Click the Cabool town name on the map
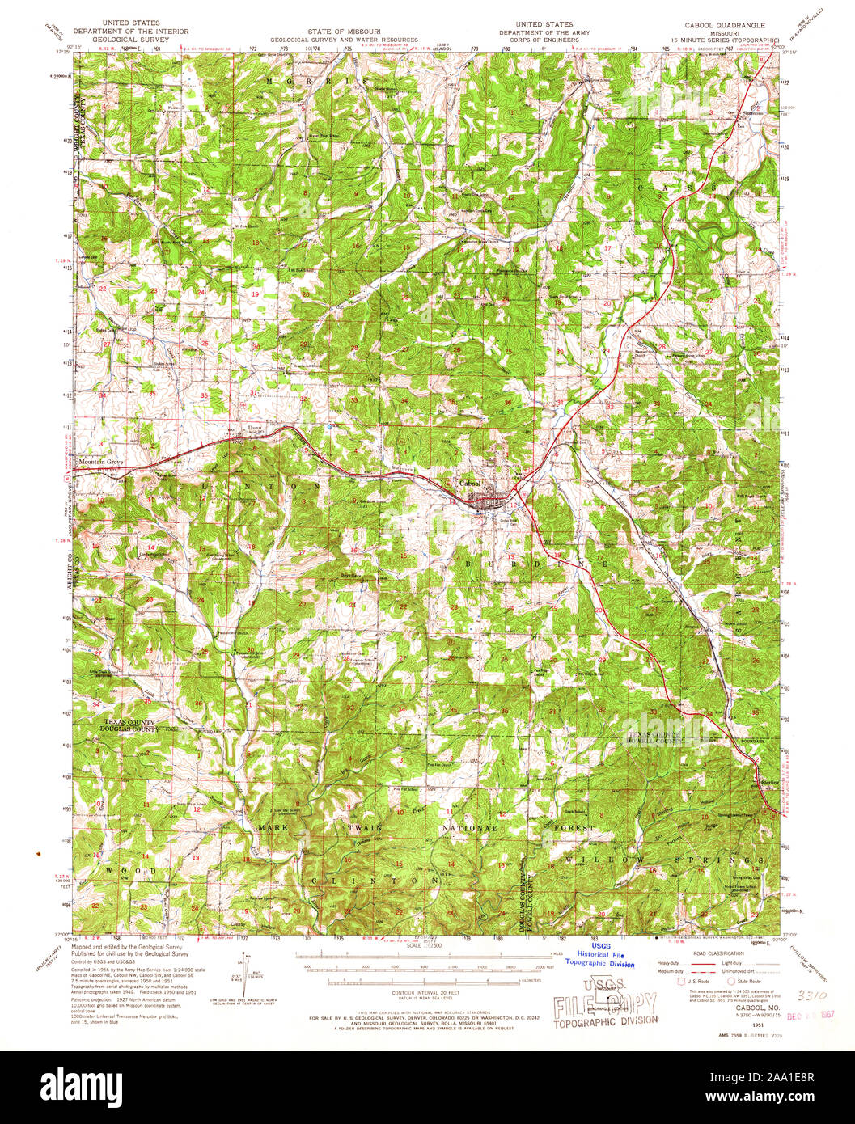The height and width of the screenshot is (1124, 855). click(470, 484)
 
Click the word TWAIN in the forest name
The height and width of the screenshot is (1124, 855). click(376, 830)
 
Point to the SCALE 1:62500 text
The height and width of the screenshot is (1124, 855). click(426, 945)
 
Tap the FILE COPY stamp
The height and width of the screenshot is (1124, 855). click(605, 1006)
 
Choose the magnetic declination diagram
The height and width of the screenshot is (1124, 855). click(242, 978)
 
